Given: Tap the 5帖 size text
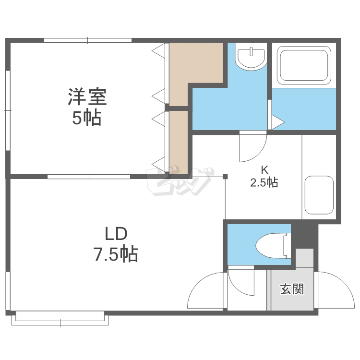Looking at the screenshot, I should (86, 117).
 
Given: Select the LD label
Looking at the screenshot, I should (116, 234).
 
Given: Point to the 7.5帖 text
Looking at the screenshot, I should (116, 253).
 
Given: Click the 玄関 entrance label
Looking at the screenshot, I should (292, 289).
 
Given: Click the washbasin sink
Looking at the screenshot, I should (251, 58).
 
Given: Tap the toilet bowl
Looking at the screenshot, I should (271, 246).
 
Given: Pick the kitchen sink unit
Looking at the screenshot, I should (319, 194).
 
